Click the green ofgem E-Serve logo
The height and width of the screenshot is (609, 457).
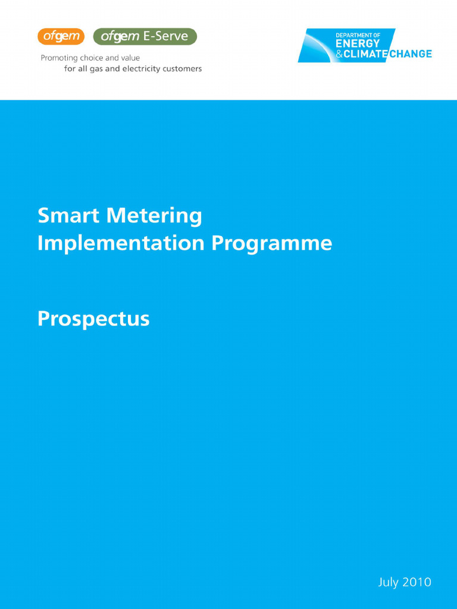tap(145, 37)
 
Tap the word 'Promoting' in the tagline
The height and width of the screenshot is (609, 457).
tap(59, 58)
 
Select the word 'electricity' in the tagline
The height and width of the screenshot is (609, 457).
tap(142, 69)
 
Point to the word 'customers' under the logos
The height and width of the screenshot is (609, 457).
tap(181, 69)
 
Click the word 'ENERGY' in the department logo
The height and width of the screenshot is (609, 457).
tap(357, 45)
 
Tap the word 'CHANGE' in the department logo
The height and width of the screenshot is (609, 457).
tap(411, 55)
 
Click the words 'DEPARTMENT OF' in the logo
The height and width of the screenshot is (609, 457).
tap(358, 36)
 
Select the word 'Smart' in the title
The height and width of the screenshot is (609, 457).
tap(67, 215)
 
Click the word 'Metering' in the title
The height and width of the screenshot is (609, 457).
tap(154, 215)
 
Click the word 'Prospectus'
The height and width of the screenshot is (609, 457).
tap(93, 319)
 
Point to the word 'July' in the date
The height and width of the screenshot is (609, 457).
tap(388, 582)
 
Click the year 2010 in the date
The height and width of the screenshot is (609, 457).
tap(417, 582)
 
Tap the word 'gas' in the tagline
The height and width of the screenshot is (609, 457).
tap(97, 69)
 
